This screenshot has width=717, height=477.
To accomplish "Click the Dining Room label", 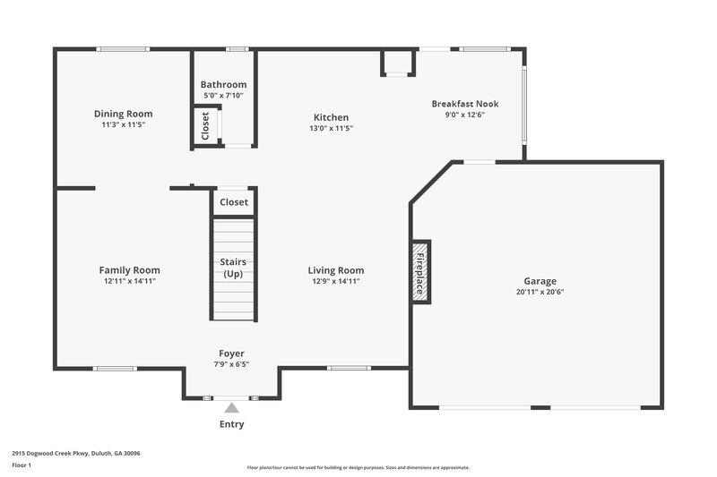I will point(124,114).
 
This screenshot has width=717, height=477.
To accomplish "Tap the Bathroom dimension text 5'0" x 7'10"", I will point(223,96).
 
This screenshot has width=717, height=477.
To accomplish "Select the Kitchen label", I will point(331,117).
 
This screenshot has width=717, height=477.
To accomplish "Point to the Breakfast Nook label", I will point(464,104).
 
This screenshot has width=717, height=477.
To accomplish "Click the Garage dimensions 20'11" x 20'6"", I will point(540,292).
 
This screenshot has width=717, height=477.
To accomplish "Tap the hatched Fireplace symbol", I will point(420,270).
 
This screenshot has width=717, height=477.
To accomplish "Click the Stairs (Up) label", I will point(233,268).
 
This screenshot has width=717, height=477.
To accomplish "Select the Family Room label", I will point(129,270).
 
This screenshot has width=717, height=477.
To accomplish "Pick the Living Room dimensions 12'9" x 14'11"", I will point(335,281).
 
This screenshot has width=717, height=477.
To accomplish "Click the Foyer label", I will point(231,353).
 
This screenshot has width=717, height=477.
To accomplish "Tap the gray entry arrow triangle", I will point(231,408).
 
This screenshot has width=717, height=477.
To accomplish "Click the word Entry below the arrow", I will point(231,424).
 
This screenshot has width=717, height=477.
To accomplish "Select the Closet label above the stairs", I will point(234,202).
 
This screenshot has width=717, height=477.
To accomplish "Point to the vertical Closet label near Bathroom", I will point(205,125).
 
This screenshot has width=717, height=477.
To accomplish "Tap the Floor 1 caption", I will point(22,465).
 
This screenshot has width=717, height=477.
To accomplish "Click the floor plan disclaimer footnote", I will point(358,467).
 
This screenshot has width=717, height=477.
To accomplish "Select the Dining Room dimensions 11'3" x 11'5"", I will point(124,125).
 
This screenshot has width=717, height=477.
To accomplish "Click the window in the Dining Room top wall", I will point(124,48).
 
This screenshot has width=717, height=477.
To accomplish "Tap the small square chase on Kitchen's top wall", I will point(398,62).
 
